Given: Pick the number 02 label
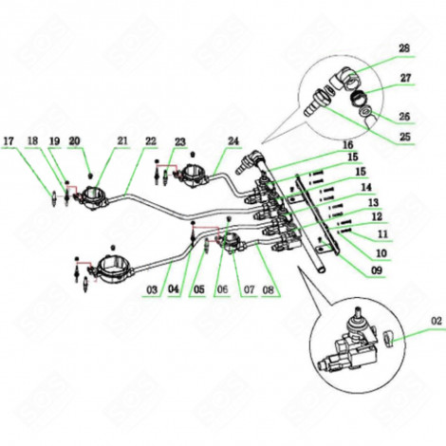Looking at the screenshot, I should [x=436, y=324].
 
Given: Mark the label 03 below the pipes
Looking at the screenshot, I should [x=150, y=288].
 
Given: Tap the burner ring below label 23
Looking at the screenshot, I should [x=195, y=173].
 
